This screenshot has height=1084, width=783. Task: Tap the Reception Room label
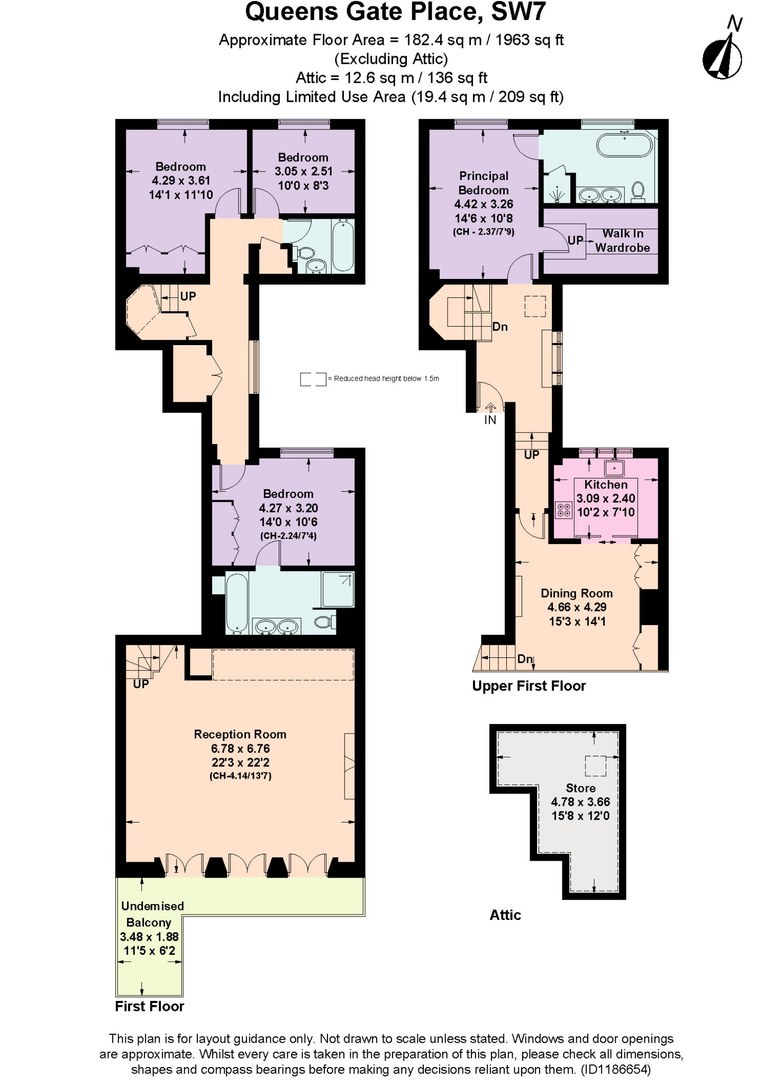coord(240,734)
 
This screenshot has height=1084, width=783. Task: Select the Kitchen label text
coord(606,484)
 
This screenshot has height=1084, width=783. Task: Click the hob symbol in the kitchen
coord(564,510)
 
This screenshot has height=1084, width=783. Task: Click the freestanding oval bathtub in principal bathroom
coord(624,145)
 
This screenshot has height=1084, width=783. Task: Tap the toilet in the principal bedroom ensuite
coord(638,192)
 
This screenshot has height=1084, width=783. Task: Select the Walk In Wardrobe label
coord(622,240)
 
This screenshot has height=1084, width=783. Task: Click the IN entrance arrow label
coord(490,420)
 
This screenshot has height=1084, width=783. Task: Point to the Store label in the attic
coord(580,788)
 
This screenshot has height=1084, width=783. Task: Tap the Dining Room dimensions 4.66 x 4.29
coord(577,607)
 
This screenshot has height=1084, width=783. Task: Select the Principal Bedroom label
coord(484,183)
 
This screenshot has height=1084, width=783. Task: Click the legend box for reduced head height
coord(313,379)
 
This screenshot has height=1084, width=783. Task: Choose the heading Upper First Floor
coord(529,686)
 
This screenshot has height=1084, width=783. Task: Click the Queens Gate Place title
coord(395,12)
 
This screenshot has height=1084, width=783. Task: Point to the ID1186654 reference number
coord(615,1069)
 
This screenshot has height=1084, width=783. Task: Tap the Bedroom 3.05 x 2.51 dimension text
coord(303,171)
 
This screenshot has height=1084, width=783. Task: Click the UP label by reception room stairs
coord(141,684)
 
